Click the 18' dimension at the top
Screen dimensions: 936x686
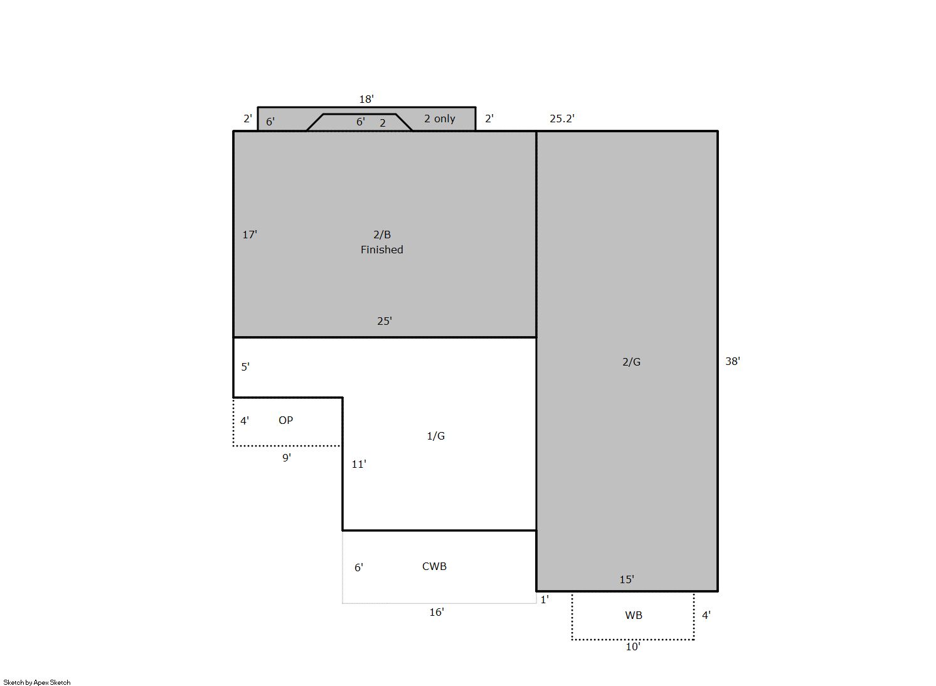[x=366, y=99]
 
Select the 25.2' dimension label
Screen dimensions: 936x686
[x=561, y=119]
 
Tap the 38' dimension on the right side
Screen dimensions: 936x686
[x=733, y=361]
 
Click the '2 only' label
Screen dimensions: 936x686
[x=440, y=119]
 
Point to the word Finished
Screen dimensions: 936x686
[x=382, y=250]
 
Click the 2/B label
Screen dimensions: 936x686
[x=382, y=235]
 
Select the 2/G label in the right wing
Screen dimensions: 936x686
[x=631, y=362]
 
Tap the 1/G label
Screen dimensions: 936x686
[x=436, y=436]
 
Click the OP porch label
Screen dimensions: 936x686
[x=286, y=420]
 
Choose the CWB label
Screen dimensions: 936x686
[x=434, y=566]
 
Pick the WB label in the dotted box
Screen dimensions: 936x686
[x=634, y=615]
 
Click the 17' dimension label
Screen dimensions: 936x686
[x=250, y=235]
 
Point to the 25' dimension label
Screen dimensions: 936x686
[x=385, y=321]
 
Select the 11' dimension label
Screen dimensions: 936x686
[x=358, y=464]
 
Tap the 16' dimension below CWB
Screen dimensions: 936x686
[x=437, y=613]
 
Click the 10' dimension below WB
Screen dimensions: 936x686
[x=632, y=647]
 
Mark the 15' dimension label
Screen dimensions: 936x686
[x=626, y=579]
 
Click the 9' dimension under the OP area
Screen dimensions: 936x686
[x=287, y=458]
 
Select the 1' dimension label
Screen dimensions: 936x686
[x=545, y=600]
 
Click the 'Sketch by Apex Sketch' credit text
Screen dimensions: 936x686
[x=37, y=682]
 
